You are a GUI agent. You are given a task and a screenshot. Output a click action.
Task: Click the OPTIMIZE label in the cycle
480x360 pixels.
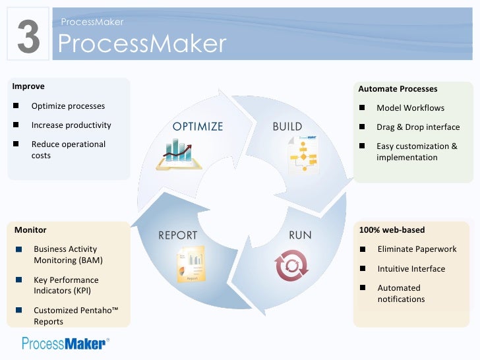coord(198,127)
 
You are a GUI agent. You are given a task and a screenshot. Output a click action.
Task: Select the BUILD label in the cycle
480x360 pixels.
coord(287,127)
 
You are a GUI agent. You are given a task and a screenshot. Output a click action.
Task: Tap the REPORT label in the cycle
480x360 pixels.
coord(178,235)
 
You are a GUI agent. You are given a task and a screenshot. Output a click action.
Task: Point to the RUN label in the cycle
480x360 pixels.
coord(301,235)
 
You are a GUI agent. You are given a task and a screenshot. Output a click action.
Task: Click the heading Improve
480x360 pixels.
coord(24,86)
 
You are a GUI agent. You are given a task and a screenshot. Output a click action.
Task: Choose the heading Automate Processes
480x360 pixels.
coord(398,89)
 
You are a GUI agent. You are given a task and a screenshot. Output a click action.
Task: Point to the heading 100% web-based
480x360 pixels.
coord(392,230)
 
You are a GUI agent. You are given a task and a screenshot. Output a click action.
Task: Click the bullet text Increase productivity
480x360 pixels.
coord(71,125)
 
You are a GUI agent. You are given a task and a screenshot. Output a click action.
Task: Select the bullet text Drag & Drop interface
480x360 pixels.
coord(418,127)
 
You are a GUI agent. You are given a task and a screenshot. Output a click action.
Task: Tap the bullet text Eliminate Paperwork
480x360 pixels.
coord(417,249)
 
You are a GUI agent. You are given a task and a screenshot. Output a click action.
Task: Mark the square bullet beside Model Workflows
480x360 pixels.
coord(362,108)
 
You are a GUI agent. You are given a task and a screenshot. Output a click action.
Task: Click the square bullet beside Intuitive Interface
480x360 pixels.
coord(363,268)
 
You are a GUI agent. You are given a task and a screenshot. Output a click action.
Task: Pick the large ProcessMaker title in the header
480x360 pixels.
coord(142,44)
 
